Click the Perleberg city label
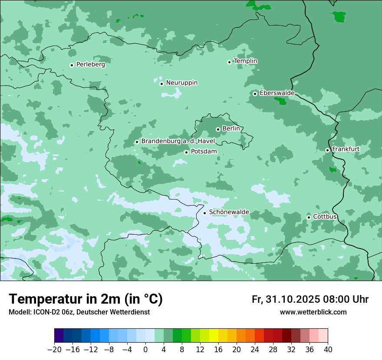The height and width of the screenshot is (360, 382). (90, 65)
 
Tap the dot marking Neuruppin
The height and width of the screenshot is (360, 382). (161, 84)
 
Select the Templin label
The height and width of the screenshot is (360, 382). (245, 61)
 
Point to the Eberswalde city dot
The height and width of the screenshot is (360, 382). (255, 94)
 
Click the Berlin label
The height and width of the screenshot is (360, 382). (231, 129)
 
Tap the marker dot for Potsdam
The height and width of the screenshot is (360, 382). (187, 152)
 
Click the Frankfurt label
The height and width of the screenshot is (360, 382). (346, 149)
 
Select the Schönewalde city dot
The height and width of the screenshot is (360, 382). (205, 213)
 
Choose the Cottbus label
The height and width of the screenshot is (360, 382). (325, 217)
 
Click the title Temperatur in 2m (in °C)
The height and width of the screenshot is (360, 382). (86, 299)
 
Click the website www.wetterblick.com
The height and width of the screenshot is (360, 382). (313, 312)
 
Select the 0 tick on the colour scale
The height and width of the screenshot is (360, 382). (145, 350)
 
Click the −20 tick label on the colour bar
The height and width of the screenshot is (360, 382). (54, 350)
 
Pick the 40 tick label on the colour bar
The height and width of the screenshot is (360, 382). (328, 350)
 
